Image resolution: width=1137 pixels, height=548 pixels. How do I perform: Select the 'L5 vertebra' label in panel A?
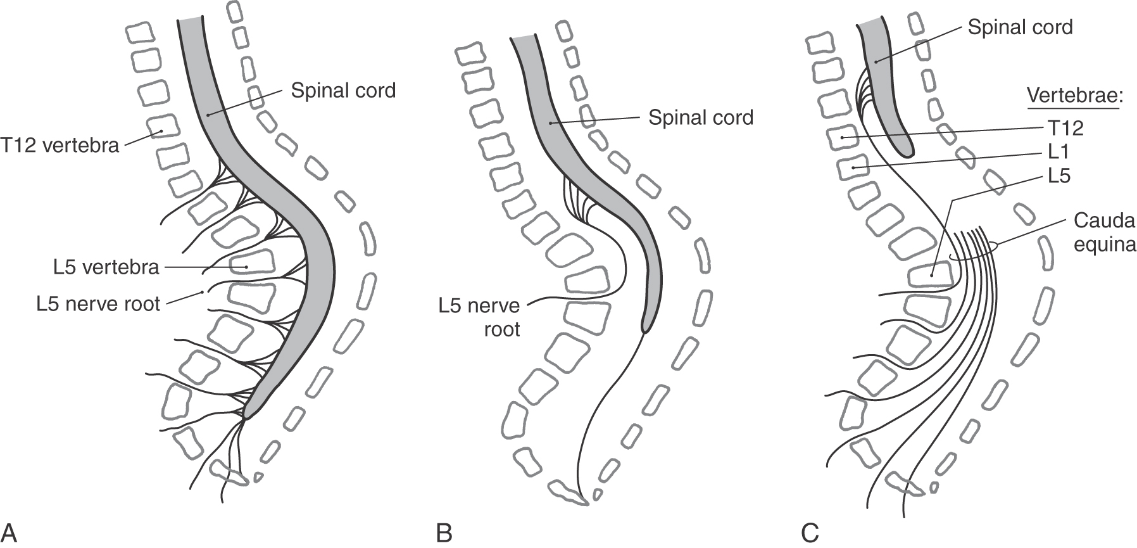(106, 267)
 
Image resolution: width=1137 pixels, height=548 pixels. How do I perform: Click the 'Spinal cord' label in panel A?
(343, 91)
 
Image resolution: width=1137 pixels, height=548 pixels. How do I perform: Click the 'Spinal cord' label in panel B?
(701, 117)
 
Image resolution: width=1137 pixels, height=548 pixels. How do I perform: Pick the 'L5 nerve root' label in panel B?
(479, 317)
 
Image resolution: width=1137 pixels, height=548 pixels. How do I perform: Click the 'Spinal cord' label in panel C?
(1020, 27)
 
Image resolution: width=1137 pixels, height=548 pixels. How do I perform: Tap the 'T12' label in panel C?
(1063, 129)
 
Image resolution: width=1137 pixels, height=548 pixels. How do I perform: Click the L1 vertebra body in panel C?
(855, 168)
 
